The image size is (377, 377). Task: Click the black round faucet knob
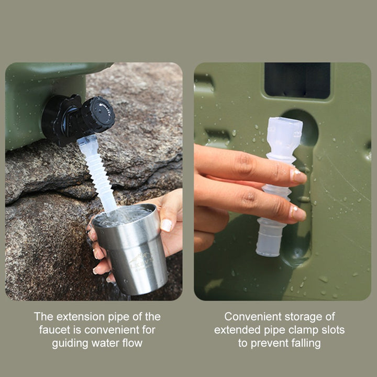point(98,115)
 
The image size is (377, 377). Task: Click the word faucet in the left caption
point(53,330)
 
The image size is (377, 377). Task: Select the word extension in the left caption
point(75,317)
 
